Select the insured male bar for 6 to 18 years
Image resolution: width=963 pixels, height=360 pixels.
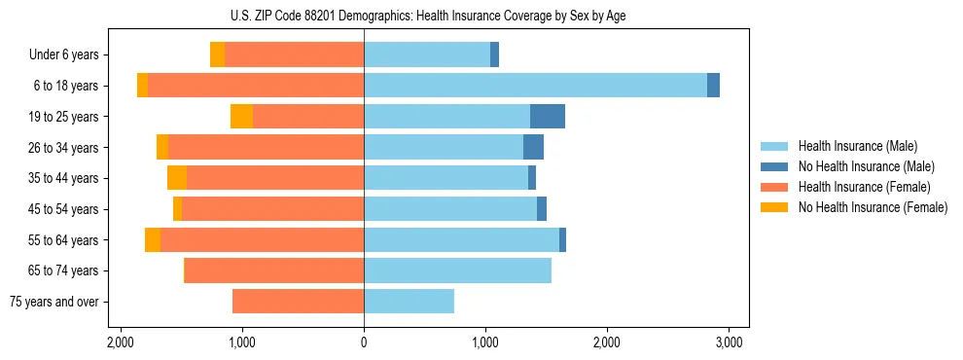pyautogui.click(x=535, y=86)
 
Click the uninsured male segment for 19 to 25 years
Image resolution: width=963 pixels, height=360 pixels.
pyautogui.click(x=548, y=117)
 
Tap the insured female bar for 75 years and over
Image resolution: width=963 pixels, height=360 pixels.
pyautogui.click(x=298, y=302)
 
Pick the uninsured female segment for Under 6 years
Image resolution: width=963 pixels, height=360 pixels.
pyautogui.click(x=217, y=55)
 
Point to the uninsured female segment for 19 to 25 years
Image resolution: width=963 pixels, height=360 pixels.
pyautogui.click(x=241, y=117)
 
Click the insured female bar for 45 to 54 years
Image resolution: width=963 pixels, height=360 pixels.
pyautogui.click(x=272, y=209)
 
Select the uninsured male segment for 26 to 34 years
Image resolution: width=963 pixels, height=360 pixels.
pyautogui.click(x=533, y=148)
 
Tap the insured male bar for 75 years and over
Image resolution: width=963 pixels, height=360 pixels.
pyautogui.click(x=409, y=302)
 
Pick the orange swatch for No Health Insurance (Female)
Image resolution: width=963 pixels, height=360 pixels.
pyautogui.click(x=775, y=207)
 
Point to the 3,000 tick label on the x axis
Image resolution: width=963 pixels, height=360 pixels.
pyautogui.click(x=729, y=342)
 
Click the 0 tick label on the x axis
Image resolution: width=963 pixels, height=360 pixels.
pyautogui.click(x=364, y=342)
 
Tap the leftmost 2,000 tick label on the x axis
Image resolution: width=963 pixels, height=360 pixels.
pyautogui.click(x=120, y=342)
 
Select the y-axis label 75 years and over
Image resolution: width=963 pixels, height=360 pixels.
pyautogui.click(x=54, y=303)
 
